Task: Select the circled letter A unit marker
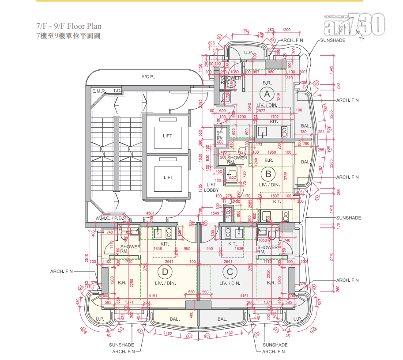tap(267, 94)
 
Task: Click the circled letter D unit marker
tap(165, 271)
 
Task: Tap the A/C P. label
tap(147, 77)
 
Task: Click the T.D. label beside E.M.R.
tap(117, 91)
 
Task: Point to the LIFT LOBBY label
tap(212, 187)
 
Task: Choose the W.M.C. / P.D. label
tap(109, 219)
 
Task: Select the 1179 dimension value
tap(245, 31)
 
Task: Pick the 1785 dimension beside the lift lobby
tap(200, 188)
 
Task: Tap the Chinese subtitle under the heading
tap(68, 36)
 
